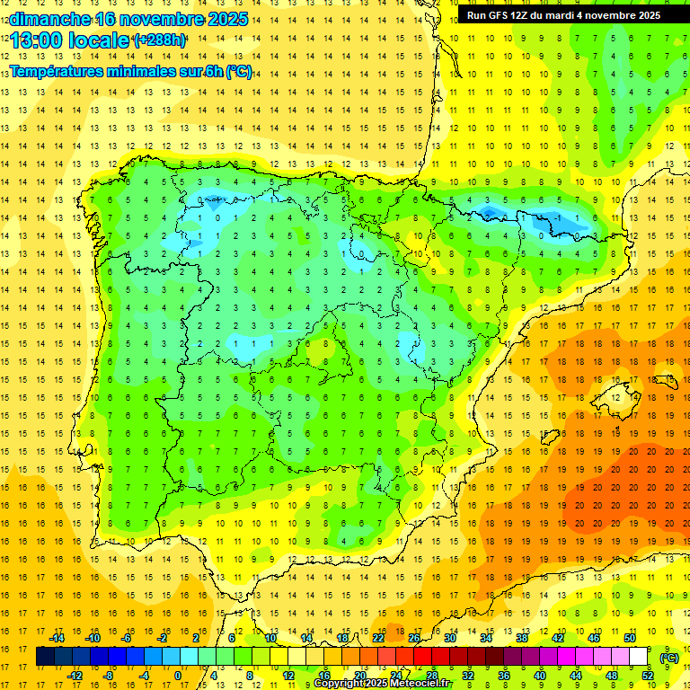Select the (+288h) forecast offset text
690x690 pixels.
pos(159,40)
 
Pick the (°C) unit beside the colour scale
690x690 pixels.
pos(668,658)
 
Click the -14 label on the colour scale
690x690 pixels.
pos(57,638)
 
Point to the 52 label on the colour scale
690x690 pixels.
pos(648,676)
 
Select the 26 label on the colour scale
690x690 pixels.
pos(414,638)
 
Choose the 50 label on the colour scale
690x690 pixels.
pos(630,638)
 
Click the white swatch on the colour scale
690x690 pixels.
pos(638,657)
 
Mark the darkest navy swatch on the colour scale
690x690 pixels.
pos(45,657)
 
